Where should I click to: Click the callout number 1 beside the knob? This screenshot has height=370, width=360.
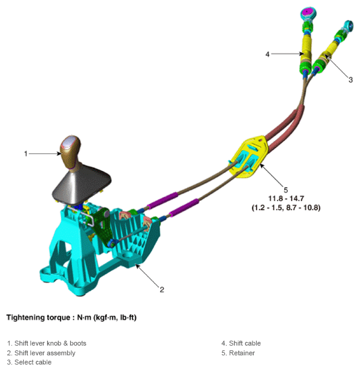[26, 154]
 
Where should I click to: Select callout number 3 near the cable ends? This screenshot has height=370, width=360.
[350, 80]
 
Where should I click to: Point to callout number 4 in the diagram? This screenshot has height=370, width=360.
[268, 54]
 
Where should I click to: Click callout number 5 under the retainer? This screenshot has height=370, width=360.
[285, 190]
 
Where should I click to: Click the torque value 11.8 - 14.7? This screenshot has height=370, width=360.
[285, 199]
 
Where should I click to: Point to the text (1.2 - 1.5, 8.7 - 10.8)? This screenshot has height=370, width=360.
[285, 208]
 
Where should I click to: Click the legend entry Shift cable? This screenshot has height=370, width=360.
[241, 343]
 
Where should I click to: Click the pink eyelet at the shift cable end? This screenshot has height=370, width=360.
[307, 13]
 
